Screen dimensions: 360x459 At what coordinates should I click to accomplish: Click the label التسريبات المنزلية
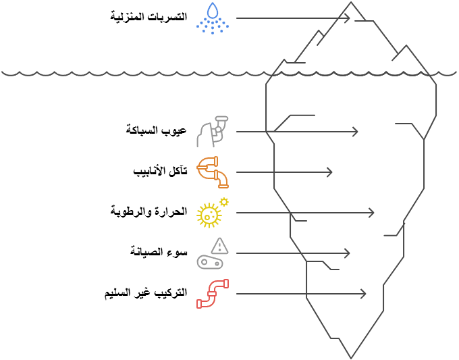[148, 16]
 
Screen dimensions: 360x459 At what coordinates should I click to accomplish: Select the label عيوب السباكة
[157, 130]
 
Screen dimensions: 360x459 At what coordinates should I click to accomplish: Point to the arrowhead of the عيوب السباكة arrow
[364, 132]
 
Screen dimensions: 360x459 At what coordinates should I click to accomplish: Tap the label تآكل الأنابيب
[160, 171]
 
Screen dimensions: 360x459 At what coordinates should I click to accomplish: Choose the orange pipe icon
[212, 172]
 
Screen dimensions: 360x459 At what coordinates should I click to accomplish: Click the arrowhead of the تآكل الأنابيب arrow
[330, 172]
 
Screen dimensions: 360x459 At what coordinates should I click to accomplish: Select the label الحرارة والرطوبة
[148, 211]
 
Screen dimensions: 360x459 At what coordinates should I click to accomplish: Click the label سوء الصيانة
[159, 252]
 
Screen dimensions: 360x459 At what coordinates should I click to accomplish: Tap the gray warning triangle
[219, 245]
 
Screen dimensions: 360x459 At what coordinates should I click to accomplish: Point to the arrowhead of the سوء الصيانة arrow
[348, 253]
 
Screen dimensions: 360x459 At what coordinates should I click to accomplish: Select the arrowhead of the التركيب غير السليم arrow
[364, 294]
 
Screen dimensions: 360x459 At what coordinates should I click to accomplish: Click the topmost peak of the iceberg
[351, 3]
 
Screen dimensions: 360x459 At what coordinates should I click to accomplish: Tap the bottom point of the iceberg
[351, 357]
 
